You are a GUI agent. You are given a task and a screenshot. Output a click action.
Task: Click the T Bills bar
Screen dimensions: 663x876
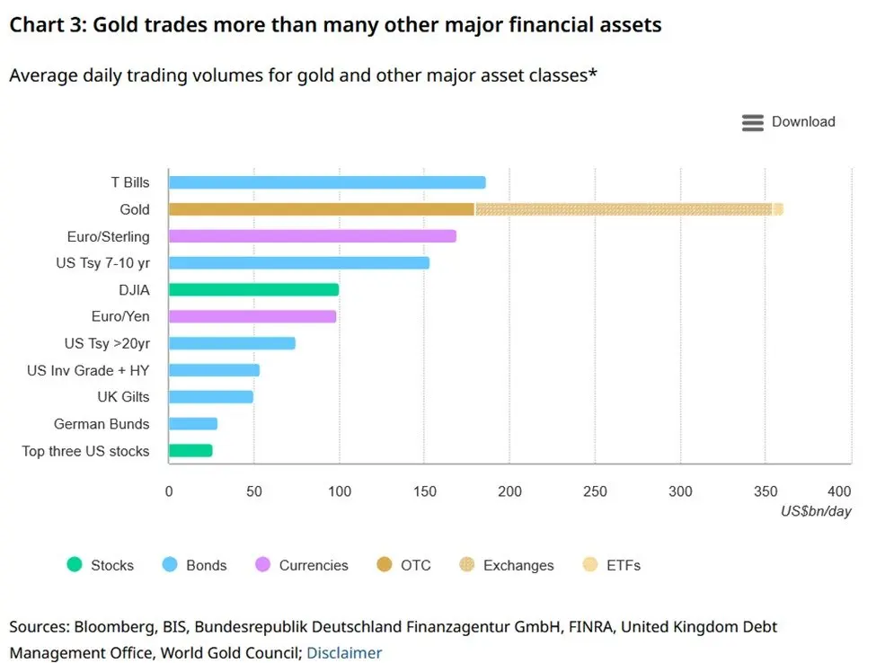click(x=327, y=182)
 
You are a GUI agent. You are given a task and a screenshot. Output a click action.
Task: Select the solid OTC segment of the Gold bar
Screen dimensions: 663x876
click(x=322, y=209)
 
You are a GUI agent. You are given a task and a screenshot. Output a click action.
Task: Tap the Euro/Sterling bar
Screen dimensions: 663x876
click(x=313, y=236)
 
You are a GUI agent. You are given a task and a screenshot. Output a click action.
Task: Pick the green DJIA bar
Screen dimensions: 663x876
click(x=254, y=289)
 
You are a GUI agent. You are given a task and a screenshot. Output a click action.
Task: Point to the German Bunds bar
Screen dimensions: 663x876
click(x=193, y=424)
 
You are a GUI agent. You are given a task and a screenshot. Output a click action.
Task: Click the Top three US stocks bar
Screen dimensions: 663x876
click(x=190, y=451)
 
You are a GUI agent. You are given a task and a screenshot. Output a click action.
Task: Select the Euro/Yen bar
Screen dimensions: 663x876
click(x=252, y=316)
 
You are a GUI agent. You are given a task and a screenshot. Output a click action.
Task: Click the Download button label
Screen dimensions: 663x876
click(x=803, y=122)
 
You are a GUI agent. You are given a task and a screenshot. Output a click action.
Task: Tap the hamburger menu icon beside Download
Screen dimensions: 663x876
click(x=753, y=123)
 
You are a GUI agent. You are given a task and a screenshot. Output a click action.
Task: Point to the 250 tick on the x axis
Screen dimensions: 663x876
click(x=595, y=491)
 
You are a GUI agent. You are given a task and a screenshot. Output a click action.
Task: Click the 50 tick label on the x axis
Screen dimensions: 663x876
click(x=254, y=491)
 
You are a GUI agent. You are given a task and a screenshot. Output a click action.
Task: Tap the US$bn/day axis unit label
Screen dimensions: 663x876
click(x=815, y=510)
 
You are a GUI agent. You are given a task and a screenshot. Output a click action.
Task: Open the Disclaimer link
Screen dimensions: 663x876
click(x=344, y=653)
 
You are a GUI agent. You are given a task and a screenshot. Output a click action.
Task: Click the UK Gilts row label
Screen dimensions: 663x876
click(x=123, y=397)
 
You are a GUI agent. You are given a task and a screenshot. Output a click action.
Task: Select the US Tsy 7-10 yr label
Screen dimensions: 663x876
click(x=102, y=263)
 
